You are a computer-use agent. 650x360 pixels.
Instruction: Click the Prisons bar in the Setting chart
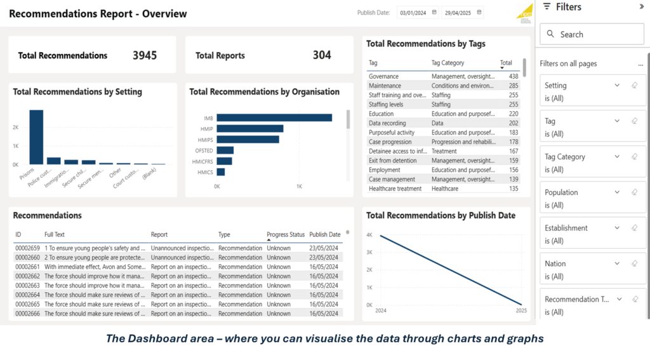[36, 137]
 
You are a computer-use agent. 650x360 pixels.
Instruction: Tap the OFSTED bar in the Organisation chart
[225, 150]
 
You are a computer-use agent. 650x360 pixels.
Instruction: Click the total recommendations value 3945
[145, 55]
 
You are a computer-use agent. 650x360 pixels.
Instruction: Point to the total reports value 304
[322, 55]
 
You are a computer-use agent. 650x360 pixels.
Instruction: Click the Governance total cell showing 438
[513, 76]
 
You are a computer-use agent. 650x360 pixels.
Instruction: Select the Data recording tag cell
[387, 123]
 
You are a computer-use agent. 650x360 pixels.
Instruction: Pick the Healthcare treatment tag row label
[395, 189]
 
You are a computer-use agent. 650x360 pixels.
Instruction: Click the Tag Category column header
[448, 63]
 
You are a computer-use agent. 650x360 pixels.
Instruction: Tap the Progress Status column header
[286, 235]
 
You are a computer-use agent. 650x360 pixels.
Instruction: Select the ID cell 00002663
[27, 286]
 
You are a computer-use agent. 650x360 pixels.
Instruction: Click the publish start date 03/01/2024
[412, 12]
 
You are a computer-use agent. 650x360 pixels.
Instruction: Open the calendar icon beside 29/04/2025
[479, 12]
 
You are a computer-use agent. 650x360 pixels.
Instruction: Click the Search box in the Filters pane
[592, 34]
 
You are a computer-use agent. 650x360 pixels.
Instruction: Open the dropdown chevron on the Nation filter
[617, 263]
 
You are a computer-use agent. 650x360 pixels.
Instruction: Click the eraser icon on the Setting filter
[634, 85]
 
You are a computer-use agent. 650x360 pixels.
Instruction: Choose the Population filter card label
[561, 192]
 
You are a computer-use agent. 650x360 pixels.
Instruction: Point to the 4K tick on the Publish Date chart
[369, 235]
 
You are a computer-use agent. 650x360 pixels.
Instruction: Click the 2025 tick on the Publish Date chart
[521, 311]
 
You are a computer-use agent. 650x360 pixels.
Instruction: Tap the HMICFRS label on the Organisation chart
[203, 161]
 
